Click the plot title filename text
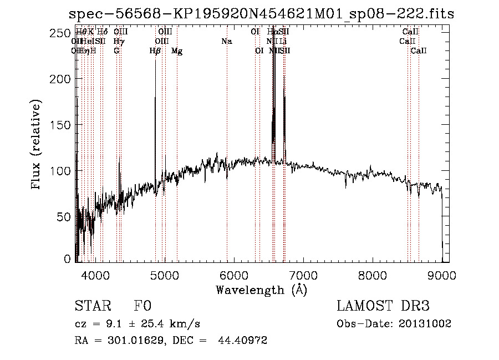coord(261,14)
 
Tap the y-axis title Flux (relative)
coord(37,146)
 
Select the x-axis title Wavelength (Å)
coord(261,290)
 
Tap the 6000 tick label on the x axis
coord(234,275)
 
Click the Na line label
coord(226,41)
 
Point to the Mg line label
coord(177,51)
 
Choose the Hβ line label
coord(155,51)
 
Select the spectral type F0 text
coord(142,307)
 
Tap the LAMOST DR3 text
coord(383,307)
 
